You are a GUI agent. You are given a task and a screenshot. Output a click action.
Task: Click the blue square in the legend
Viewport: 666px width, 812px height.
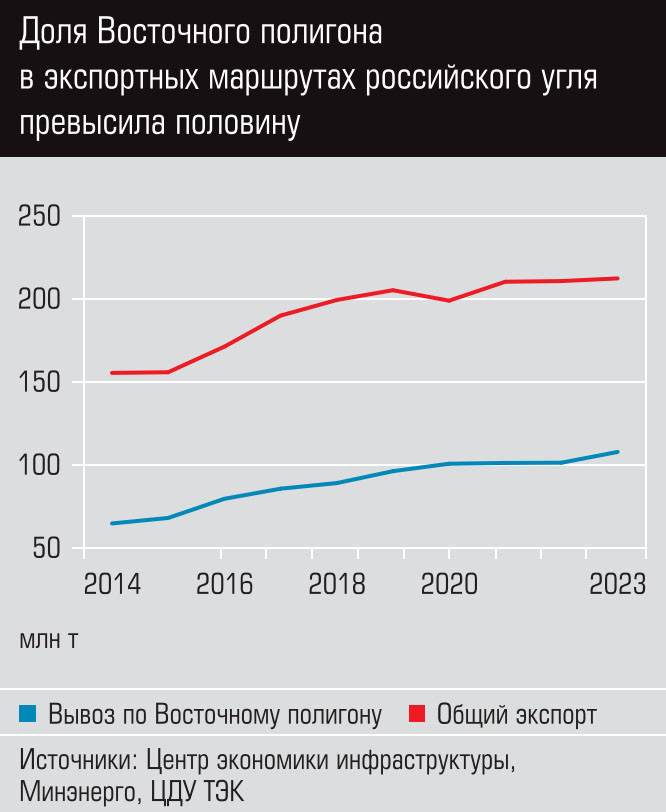(28, 714)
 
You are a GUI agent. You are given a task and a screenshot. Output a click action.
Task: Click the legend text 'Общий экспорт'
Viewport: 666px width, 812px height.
(517, 715)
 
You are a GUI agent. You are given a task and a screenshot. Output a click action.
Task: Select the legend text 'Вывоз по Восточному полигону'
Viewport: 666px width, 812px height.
(215, 715)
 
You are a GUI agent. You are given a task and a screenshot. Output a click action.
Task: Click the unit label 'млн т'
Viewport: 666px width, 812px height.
(49, 639)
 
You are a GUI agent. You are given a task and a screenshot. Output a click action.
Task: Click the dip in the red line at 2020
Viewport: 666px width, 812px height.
(448, 300)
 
